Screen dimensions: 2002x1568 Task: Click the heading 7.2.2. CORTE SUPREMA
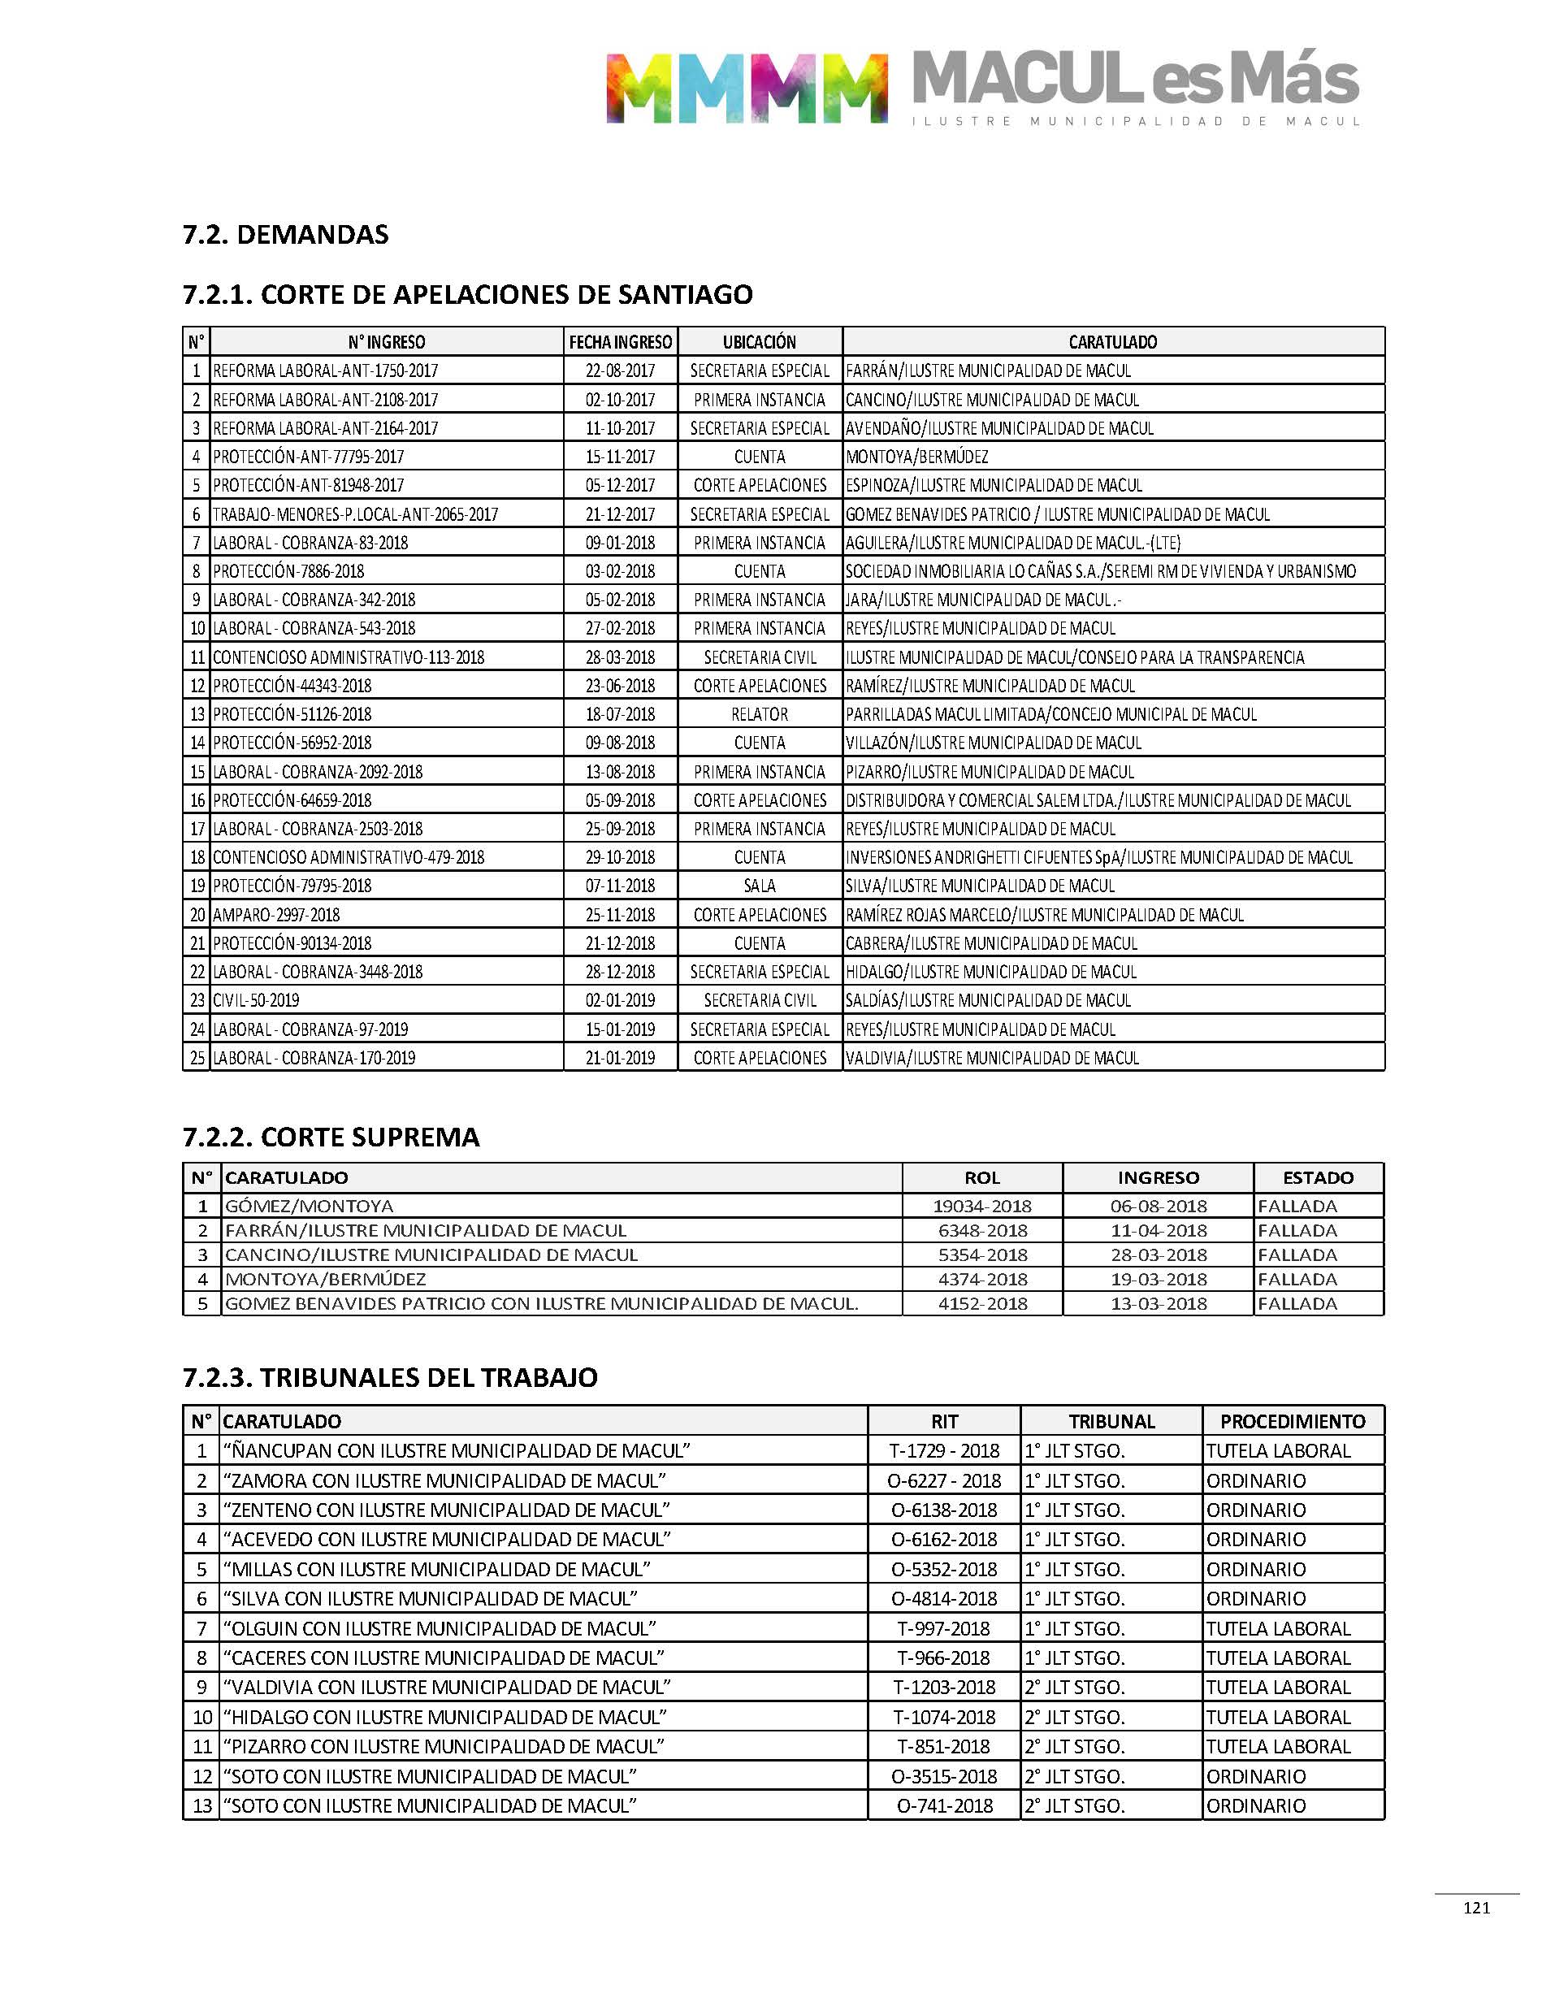[331, 1137]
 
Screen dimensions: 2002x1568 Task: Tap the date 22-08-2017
[620, 370]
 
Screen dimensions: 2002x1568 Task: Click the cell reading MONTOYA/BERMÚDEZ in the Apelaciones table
[916, 456]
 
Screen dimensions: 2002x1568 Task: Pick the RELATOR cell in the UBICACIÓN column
[759, 714]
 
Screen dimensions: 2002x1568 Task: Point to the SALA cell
[759, 886]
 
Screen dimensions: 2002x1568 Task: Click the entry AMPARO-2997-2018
[276, 915]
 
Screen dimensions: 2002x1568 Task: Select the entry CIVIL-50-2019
[256, 1000]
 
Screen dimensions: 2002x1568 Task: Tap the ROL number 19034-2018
[981, 1207]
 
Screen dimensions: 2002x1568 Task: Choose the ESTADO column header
[1318, 1177]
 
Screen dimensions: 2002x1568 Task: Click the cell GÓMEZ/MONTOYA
[310, 1207]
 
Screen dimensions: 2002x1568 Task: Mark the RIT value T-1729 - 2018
[944, 1451]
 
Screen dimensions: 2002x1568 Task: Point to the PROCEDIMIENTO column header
[1292, 1422]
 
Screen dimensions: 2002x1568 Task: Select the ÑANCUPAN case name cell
[457, 1451]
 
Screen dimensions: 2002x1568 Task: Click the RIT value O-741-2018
[944, 1805]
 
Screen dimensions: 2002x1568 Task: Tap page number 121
[1476, 1909]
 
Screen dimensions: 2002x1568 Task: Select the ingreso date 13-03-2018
[1158, 1303]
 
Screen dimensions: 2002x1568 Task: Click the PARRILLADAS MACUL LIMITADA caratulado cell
[1050, 714]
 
